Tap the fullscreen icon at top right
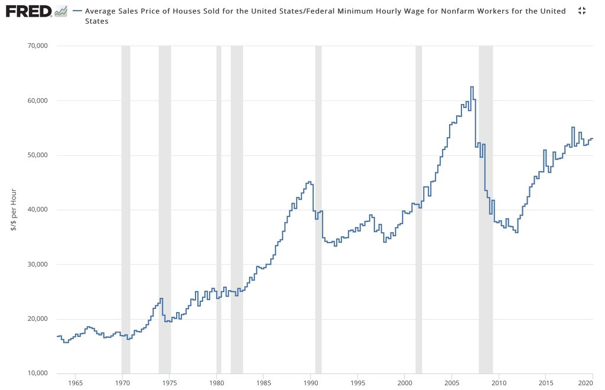(581, 11)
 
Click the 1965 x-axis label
(75, 383)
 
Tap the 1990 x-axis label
(311, 383)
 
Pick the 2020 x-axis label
(587, 383)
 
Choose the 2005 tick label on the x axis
(452, 383)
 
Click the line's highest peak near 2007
(471, 87)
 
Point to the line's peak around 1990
(309, 182)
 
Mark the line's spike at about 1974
(161, 298)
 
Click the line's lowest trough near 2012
(516, 232)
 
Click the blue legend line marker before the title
(77, 11)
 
